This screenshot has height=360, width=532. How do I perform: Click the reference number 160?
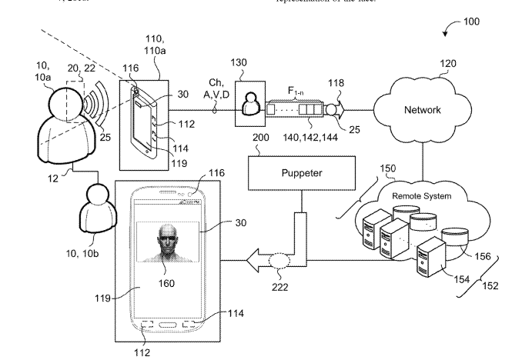[x=163, y=282]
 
